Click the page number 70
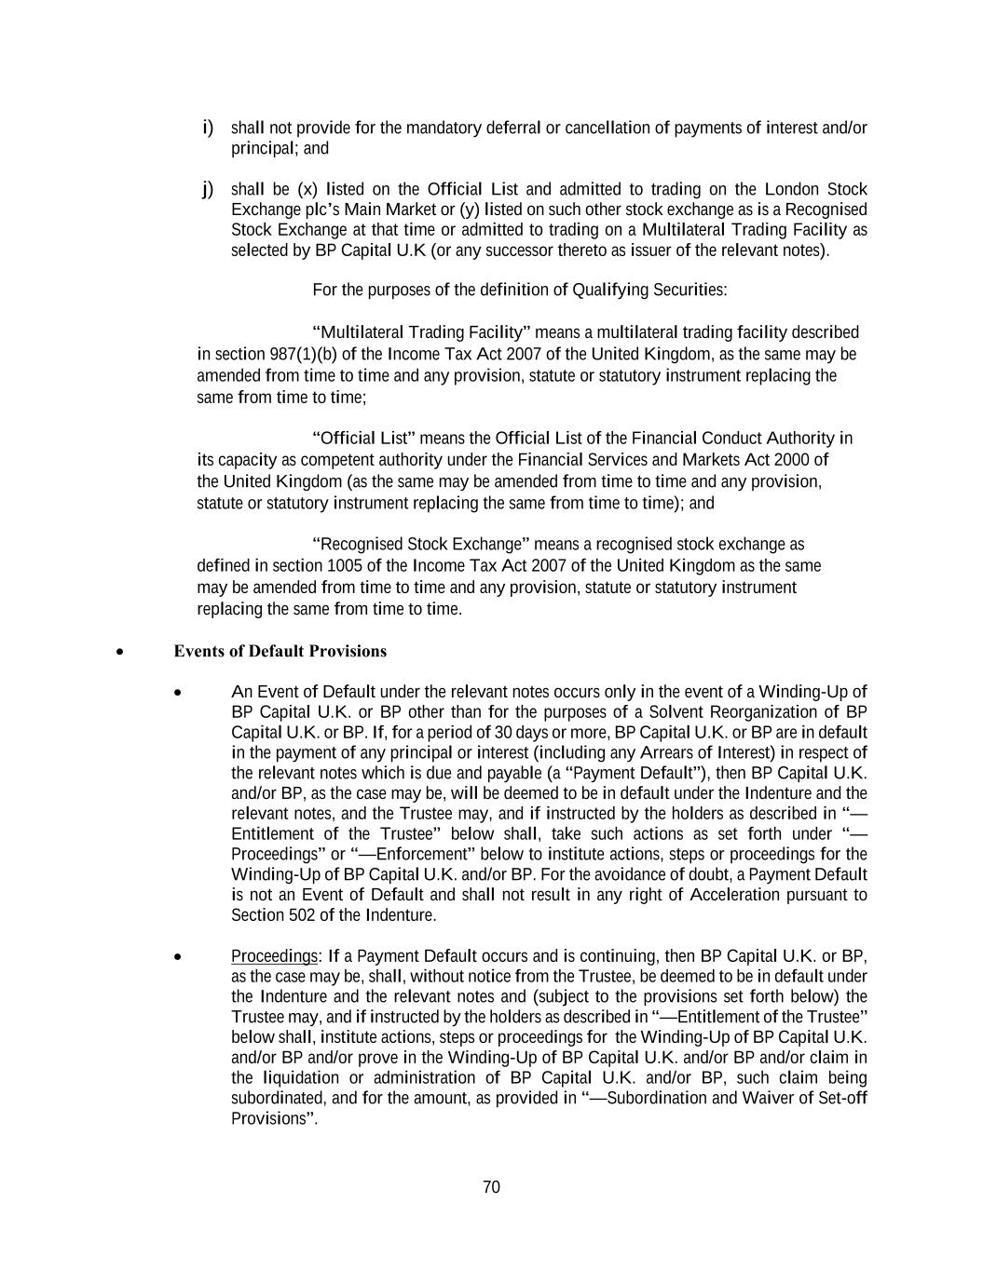(x=491, y=1187)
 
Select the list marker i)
(x=208, y=127)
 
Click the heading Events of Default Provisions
(x=280, y=651)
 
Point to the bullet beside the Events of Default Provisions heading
(x=119, y=652)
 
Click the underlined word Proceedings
(x=274, y=956)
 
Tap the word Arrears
(x=698, y=752)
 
